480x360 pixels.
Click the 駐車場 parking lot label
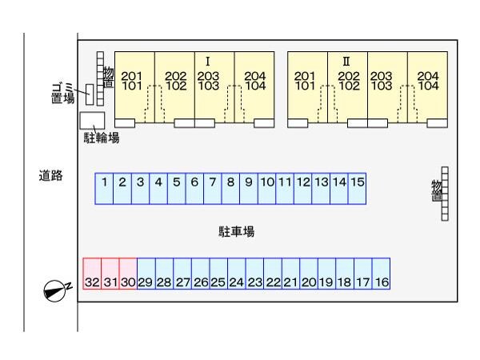237,231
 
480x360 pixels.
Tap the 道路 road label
51,174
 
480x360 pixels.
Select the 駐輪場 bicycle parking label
102,138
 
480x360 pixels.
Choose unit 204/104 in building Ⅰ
254,82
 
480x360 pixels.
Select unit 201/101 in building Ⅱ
305,82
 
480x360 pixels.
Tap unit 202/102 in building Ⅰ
175,82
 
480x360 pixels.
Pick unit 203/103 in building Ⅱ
382,82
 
